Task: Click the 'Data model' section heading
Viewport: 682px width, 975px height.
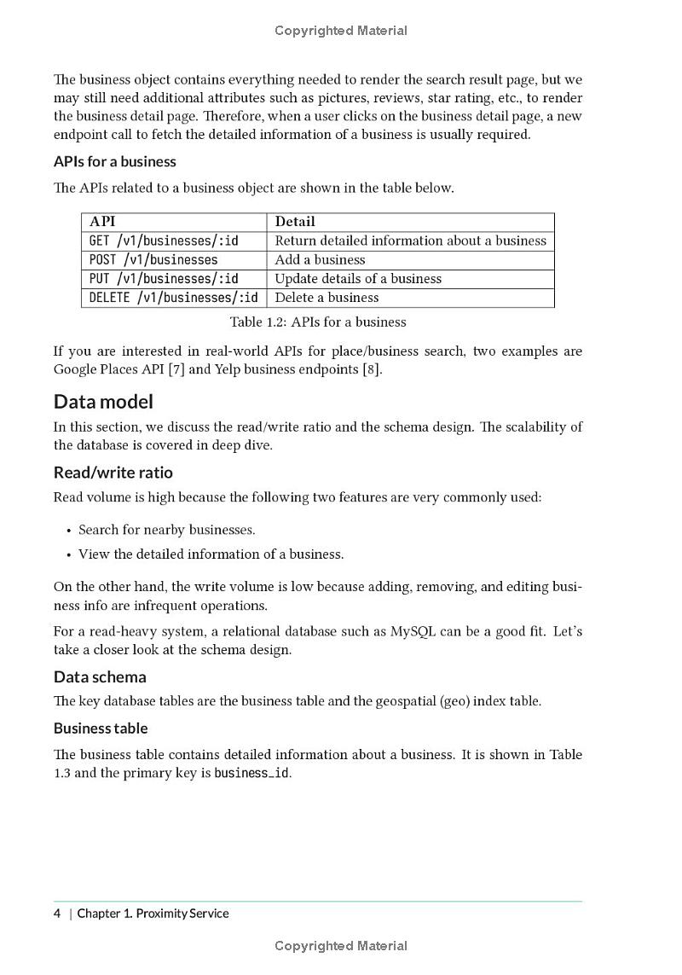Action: click(x=103, y=402)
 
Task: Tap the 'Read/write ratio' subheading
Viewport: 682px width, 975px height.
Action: click(x=113, y=473)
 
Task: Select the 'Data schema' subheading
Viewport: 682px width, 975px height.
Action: click(x=100, y=677)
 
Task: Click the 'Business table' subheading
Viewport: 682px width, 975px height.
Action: click(x=101, y=728)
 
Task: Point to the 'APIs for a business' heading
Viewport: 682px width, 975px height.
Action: click(x=114, y=161)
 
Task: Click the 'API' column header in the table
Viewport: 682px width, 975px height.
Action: click(x=102, y=222)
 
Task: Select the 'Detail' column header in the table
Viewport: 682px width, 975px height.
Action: click(x=295, y=222)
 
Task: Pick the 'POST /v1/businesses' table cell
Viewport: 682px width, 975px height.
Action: click(x=153, y=259)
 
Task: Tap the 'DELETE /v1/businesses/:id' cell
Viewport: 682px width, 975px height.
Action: click(x=173, y=297)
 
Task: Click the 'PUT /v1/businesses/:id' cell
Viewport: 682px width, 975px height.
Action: click(x=164, y=278)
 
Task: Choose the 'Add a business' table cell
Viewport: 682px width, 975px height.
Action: click(x=320, y=259)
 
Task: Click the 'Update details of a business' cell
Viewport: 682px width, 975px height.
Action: click(x=358, y=278)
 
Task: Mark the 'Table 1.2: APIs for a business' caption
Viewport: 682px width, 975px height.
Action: click(x=318, y=322)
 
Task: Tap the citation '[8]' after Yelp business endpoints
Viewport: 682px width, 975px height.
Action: click(x=370, y=369)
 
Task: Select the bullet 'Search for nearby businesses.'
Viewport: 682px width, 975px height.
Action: click(x=167, y=530)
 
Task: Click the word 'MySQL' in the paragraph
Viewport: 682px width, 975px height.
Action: click(x=413, y=631)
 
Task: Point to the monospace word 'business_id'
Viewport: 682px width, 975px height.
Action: click(x=251, y=774)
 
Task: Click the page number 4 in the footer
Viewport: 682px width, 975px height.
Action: click(x=57, y=914)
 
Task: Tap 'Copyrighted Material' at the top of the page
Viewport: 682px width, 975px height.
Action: click(x=341, y=31)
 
